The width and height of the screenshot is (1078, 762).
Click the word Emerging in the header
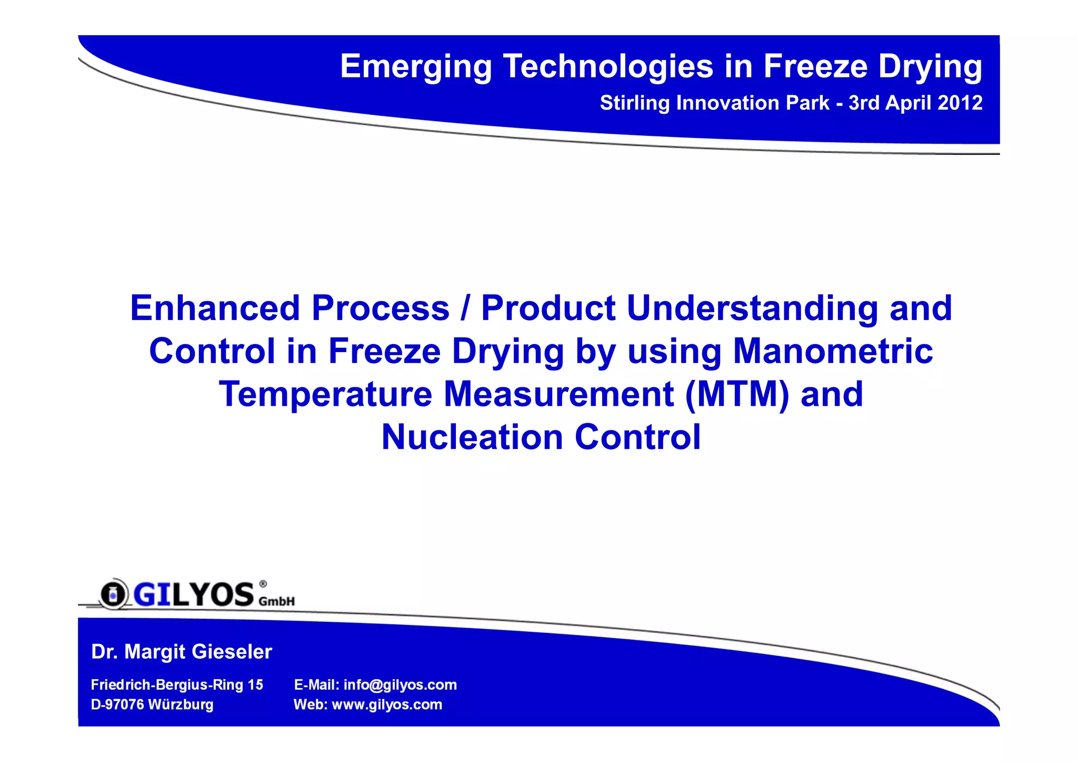(415, 67)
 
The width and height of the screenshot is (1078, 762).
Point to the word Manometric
(833, 351)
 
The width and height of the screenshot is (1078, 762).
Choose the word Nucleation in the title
(472, 437)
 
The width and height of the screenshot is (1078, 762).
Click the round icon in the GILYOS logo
(112, 595)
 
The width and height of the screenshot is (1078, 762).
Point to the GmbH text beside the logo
(277, 601)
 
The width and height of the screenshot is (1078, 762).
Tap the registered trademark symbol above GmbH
(263, 584)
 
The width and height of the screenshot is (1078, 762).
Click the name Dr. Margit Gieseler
(182, 652)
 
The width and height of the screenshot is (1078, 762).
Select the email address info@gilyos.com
(400, 685)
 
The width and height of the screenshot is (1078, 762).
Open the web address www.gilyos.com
(387, 705)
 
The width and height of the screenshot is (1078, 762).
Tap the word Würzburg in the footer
(181, 705)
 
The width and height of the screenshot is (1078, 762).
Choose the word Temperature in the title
(325, 394)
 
